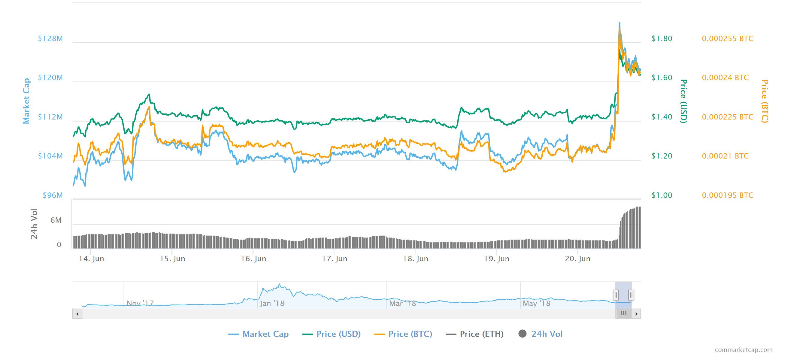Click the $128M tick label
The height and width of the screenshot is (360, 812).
50,38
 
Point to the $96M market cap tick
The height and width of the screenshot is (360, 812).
53,195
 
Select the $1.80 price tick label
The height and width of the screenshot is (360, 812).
662,38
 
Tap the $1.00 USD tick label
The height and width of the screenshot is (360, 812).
662,195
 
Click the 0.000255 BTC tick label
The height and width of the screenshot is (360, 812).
727,38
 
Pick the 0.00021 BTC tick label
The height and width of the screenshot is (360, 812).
725,156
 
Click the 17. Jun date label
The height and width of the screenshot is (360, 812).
335,259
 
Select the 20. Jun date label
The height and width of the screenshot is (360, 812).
577,259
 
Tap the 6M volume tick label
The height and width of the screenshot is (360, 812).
56,220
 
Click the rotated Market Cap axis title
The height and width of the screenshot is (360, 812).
26,101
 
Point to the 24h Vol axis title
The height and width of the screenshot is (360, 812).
34,223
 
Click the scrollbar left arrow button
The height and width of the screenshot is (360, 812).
77,314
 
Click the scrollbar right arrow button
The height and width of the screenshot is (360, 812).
636,314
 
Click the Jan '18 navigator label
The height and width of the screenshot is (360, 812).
272,303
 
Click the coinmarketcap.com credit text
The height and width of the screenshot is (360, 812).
743,349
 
